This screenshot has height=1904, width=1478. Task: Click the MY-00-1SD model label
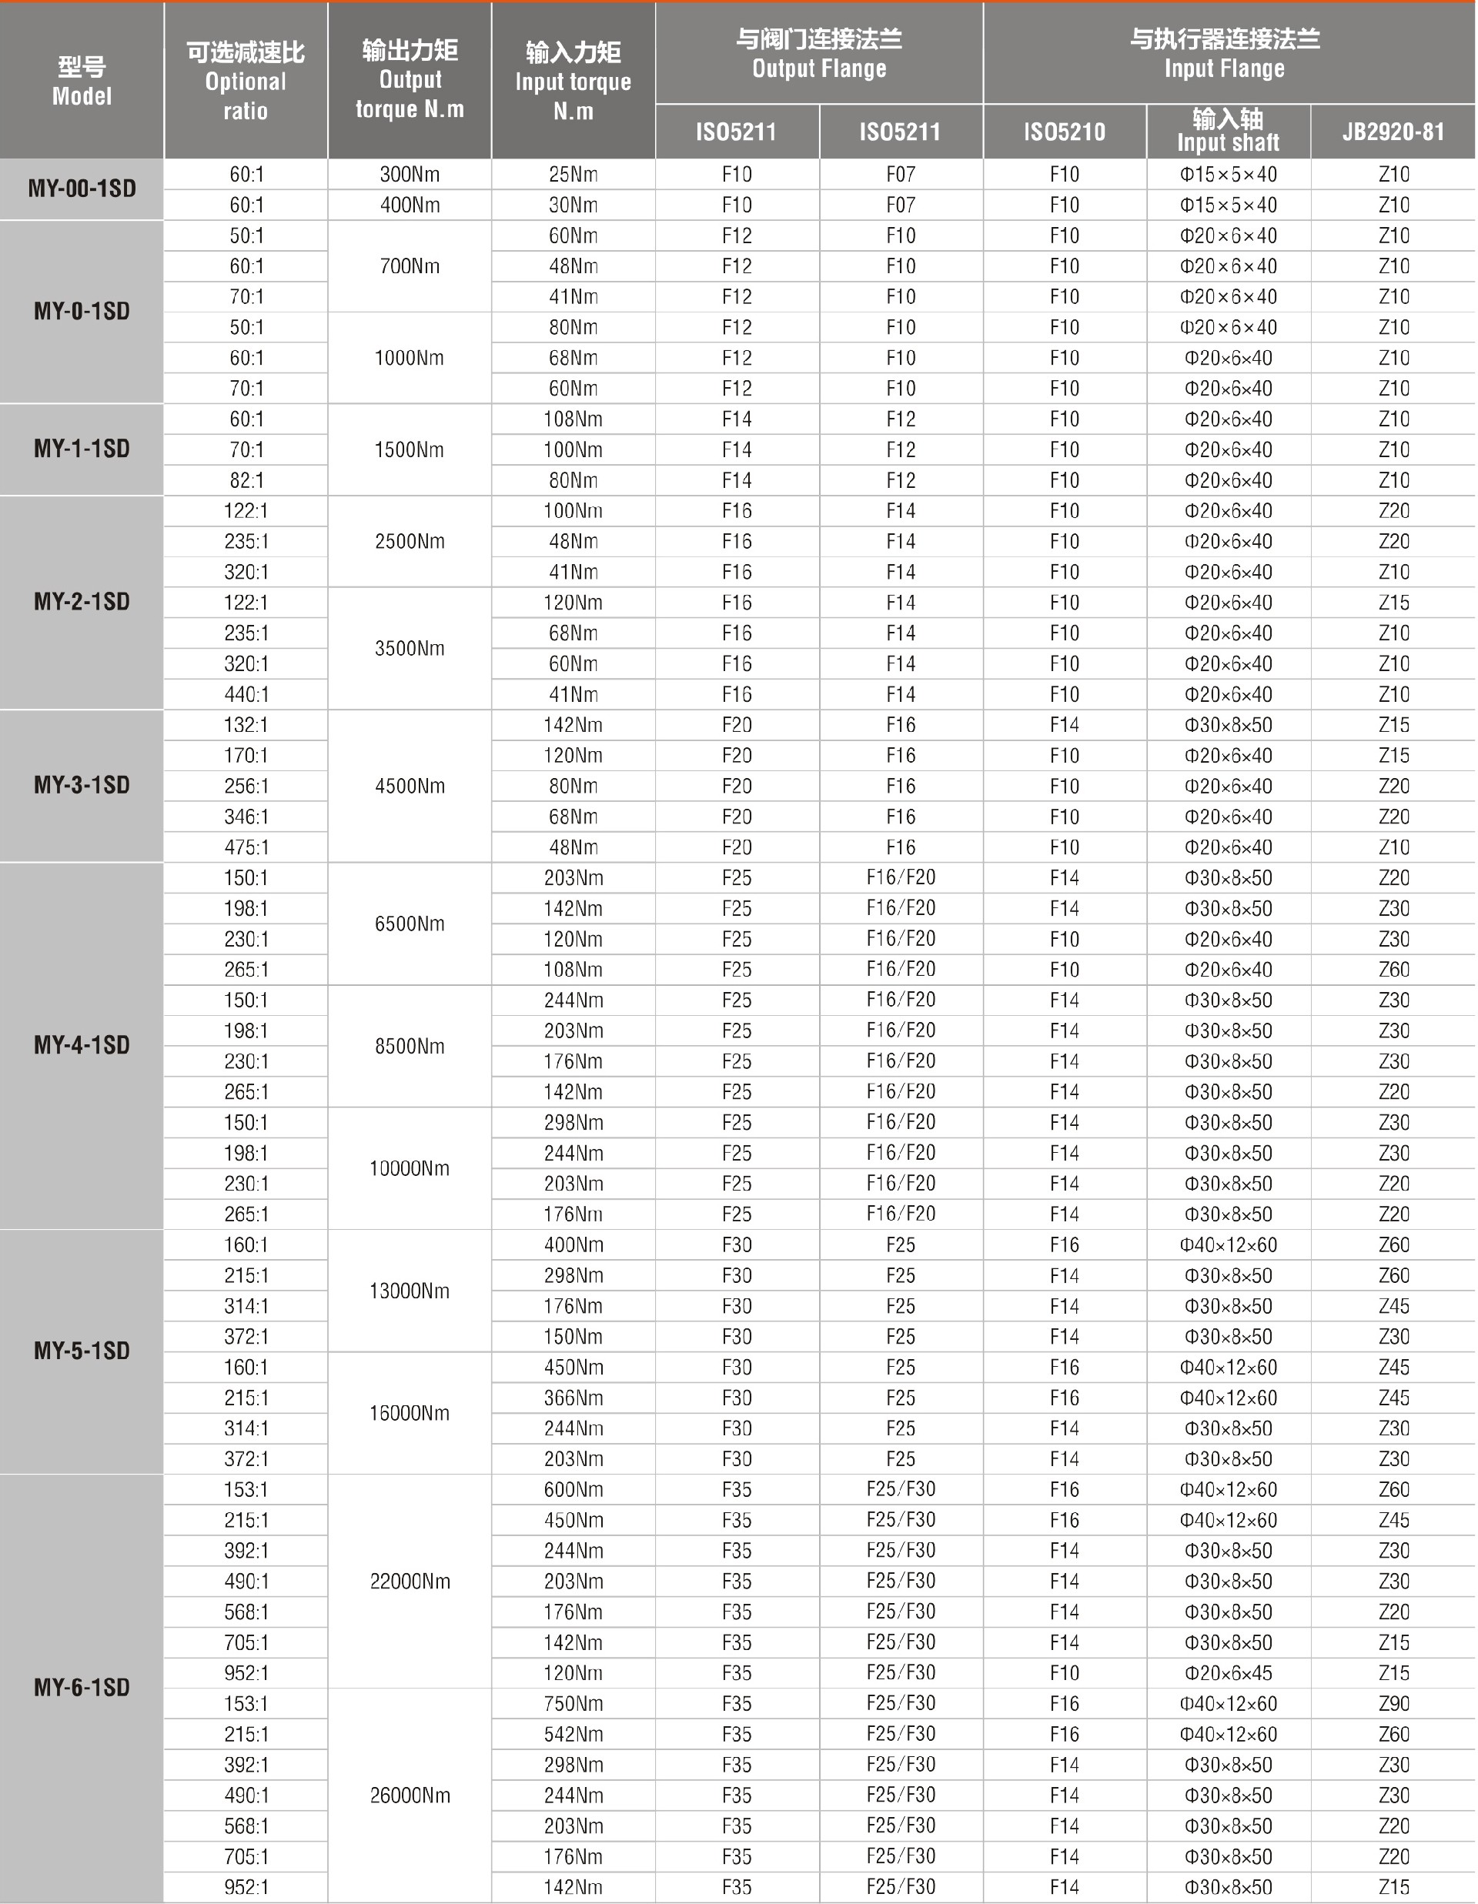[x=82, y=189]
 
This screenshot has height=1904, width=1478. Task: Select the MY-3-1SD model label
[x=82, y=785]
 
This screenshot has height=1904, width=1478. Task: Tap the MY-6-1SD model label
[x=82, y=1687]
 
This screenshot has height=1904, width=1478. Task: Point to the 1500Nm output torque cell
[x=409, y=450]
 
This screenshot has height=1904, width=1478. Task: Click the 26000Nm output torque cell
[x=409, y=1795]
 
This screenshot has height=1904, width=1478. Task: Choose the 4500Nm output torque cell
[x=409, y=786]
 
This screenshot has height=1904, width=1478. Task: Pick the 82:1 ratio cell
[x=246, y=480]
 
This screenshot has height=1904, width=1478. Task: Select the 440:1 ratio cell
[x=246, y=694]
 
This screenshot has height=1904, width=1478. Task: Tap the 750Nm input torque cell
[x=573, y=1703]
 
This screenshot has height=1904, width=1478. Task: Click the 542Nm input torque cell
[x=573, y=1734]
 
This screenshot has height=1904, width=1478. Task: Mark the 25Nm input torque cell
[x=573, y=175]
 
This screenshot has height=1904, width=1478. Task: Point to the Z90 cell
[x=1393, y=1703]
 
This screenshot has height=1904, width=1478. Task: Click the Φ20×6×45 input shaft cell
[x=1228, y=1673]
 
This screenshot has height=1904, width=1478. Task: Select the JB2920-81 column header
[x=1393, y=132]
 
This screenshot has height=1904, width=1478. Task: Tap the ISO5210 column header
[x=1064, y=132]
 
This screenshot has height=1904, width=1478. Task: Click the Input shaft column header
[x=1228, y=131]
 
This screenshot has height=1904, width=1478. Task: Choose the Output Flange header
[x=819, y=53]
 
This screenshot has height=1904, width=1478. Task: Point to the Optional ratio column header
[x=246, y=81]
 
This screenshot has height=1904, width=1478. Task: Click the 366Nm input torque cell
[x=573, y=1398]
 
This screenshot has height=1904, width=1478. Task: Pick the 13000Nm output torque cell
[x=409, y=1291]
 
